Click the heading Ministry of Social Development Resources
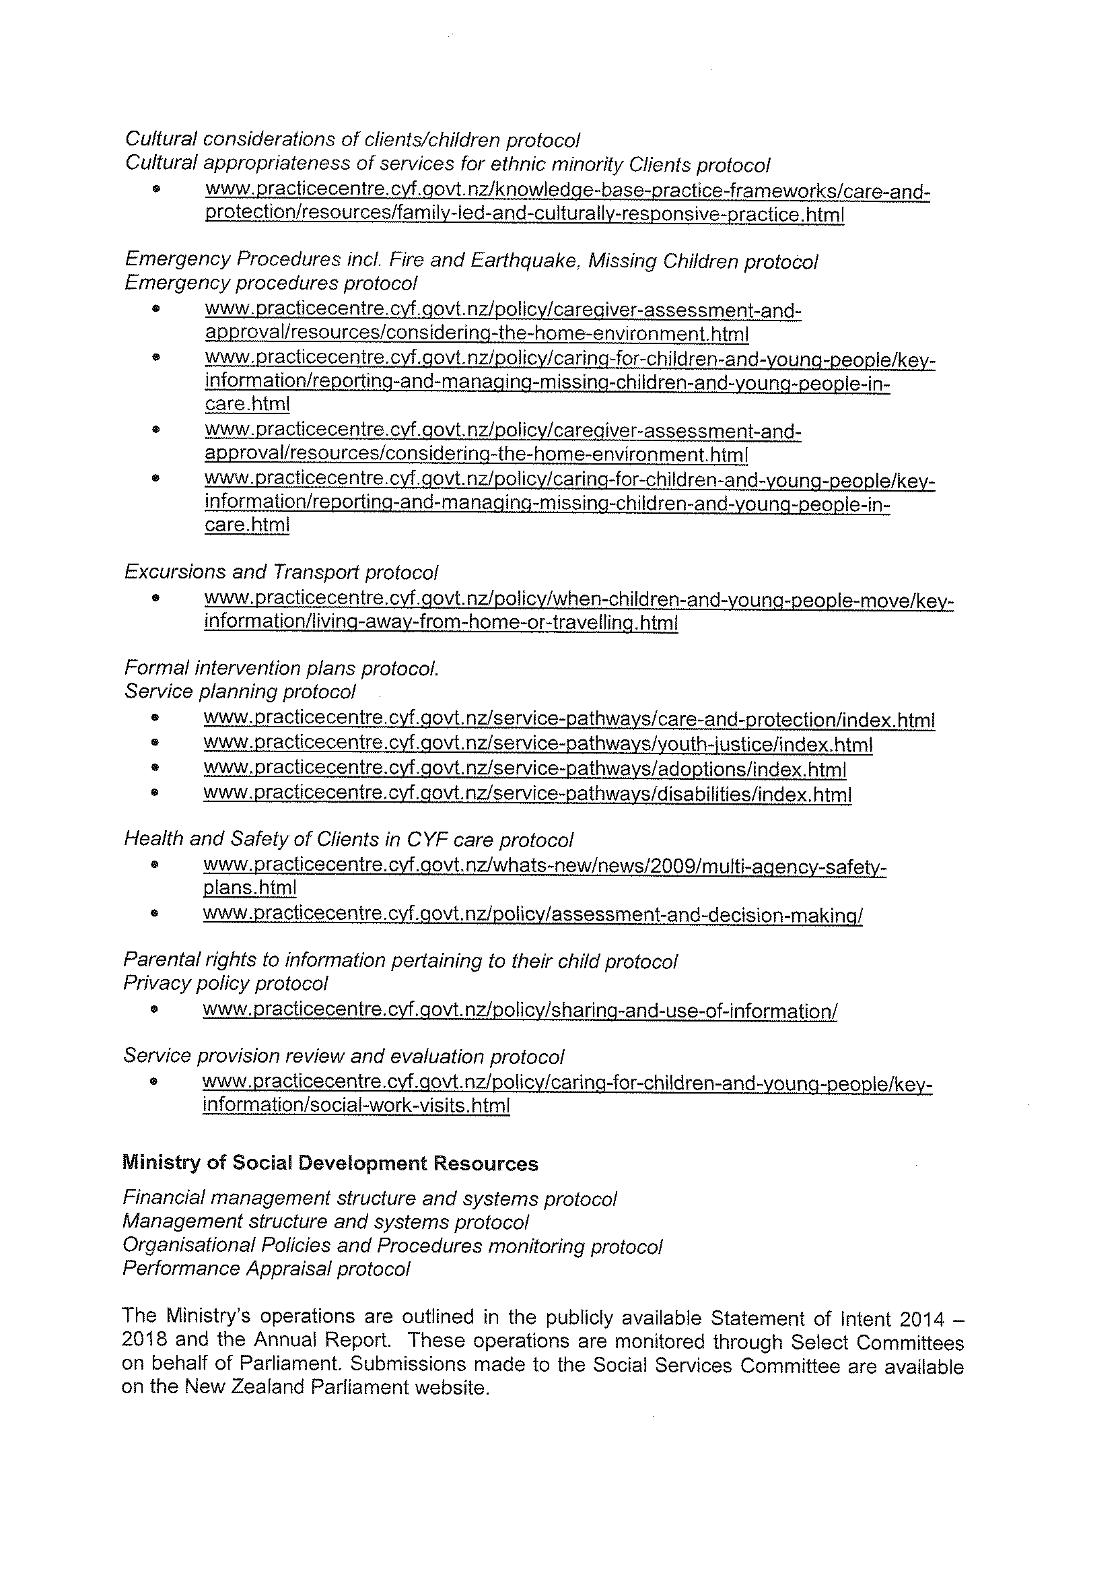330,1163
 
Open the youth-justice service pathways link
538,745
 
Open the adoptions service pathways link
525,769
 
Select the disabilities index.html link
528,794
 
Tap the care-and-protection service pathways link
569,720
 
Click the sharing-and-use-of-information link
520,1011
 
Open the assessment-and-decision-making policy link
532,915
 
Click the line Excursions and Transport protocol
281,572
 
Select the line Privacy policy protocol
225,983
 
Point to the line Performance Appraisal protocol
267,1269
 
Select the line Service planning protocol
240,692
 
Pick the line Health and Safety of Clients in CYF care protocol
348,839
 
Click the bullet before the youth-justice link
155,745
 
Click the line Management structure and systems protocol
326,1221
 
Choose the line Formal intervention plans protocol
281,668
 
